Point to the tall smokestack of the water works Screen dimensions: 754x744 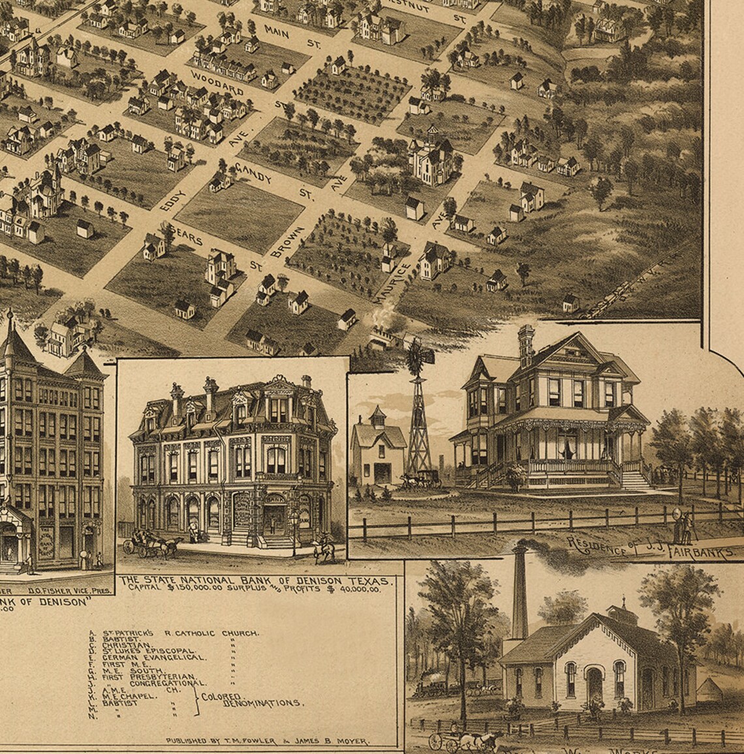pos(519,594)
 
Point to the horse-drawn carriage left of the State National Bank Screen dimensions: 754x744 pos(151,545)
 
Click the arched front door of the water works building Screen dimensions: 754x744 pos(594,683)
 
